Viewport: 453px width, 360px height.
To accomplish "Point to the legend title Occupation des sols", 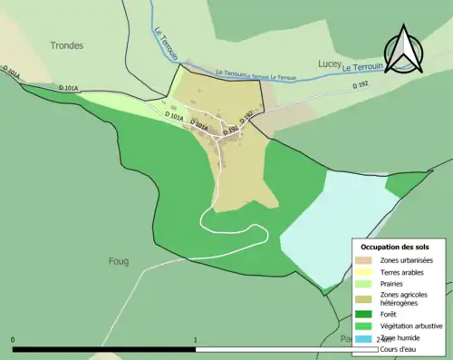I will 395,247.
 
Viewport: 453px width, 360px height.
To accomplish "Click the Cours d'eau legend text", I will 400,349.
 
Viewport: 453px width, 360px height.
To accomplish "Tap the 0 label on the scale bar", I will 13,341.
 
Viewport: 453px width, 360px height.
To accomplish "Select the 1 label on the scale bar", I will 196,341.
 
